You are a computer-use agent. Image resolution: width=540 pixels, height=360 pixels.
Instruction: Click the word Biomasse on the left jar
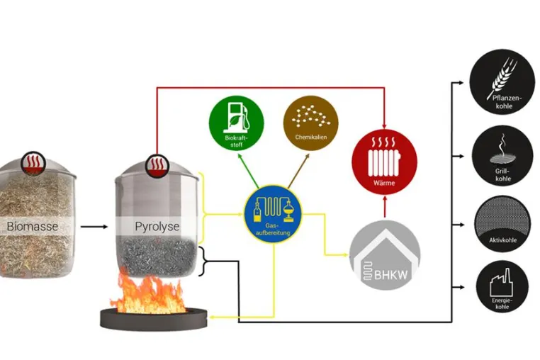[33, 226]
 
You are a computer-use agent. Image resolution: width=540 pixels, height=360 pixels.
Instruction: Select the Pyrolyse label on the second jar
[157, 227]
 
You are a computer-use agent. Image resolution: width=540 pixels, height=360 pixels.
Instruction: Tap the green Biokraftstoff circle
[237, 123]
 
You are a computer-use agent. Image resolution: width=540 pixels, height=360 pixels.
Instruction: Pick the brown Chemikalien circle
[310, 123]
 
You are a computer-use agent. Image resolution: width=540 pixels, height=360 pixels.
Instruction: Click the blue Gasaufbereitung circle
[273, 214]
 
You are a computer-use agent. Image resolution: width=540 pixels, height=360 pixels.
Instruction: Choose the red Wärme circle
[384, 162]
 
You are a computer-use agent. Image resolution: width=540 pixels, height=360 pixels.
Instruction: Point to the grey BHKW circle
[385, 255]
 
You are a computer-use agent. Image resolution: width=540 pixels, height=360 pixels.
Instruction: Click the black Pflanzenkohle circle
[502, 82]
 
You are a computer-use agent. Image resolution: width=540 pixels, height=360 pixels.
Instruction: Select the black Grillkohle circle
[502, 156]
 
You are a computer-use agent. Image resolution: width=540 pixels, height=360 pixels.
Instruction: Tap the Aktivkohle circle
[502, 224]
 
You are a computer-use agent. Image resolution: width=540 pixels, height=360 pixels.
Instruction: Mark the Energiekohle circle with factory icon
[502, 286]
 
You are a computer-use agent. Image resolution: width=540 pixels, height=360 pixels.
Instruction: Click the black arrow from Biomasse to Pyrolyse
[94, 227]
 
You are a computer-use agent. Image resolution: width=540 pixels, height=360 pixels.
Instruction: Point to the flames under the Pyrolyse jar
[149, 293]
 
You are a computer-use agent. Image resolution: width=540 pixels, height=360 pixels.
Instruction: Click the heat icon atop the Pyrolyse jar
[157, 165]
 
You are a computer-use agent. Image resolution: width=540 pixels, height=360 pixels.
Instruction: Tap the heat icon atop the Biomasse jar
[33, 162]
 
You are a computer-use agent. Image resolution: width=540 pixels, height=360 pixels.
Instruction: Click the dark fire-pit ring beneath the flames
[154, 320]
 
